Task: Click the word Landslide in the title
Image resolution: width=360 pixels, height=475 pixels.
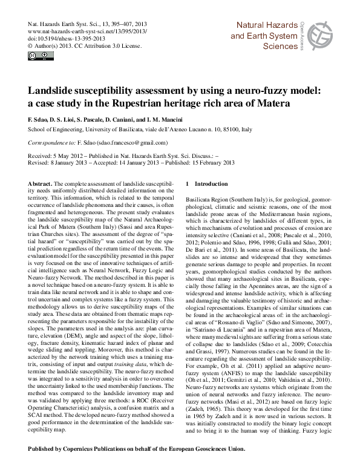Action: click(x=54, y=90)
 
